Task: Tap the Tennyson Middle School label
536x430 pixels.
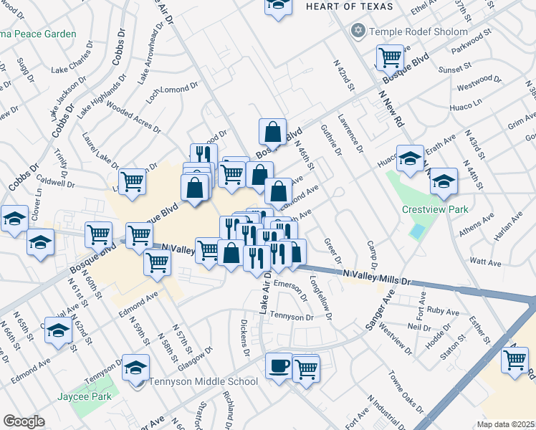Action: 203,381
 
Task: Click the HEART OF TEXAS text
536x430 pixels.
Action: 349,6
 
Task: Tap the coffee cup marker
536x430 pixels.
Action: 279,365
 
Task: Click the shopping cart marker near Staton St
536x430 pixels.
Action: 515,360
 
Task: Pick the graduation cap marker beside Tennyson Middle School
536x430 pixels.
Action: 135,368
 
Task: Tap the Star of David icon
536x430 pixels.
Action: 358,31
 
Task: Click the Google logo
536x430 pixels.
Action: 24,421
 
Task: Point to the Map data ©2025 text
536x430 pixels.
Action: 506,424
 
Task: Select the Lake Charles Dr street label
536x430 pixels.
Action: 72,62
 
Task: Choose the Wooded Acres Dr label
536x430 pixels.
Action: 133,117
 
